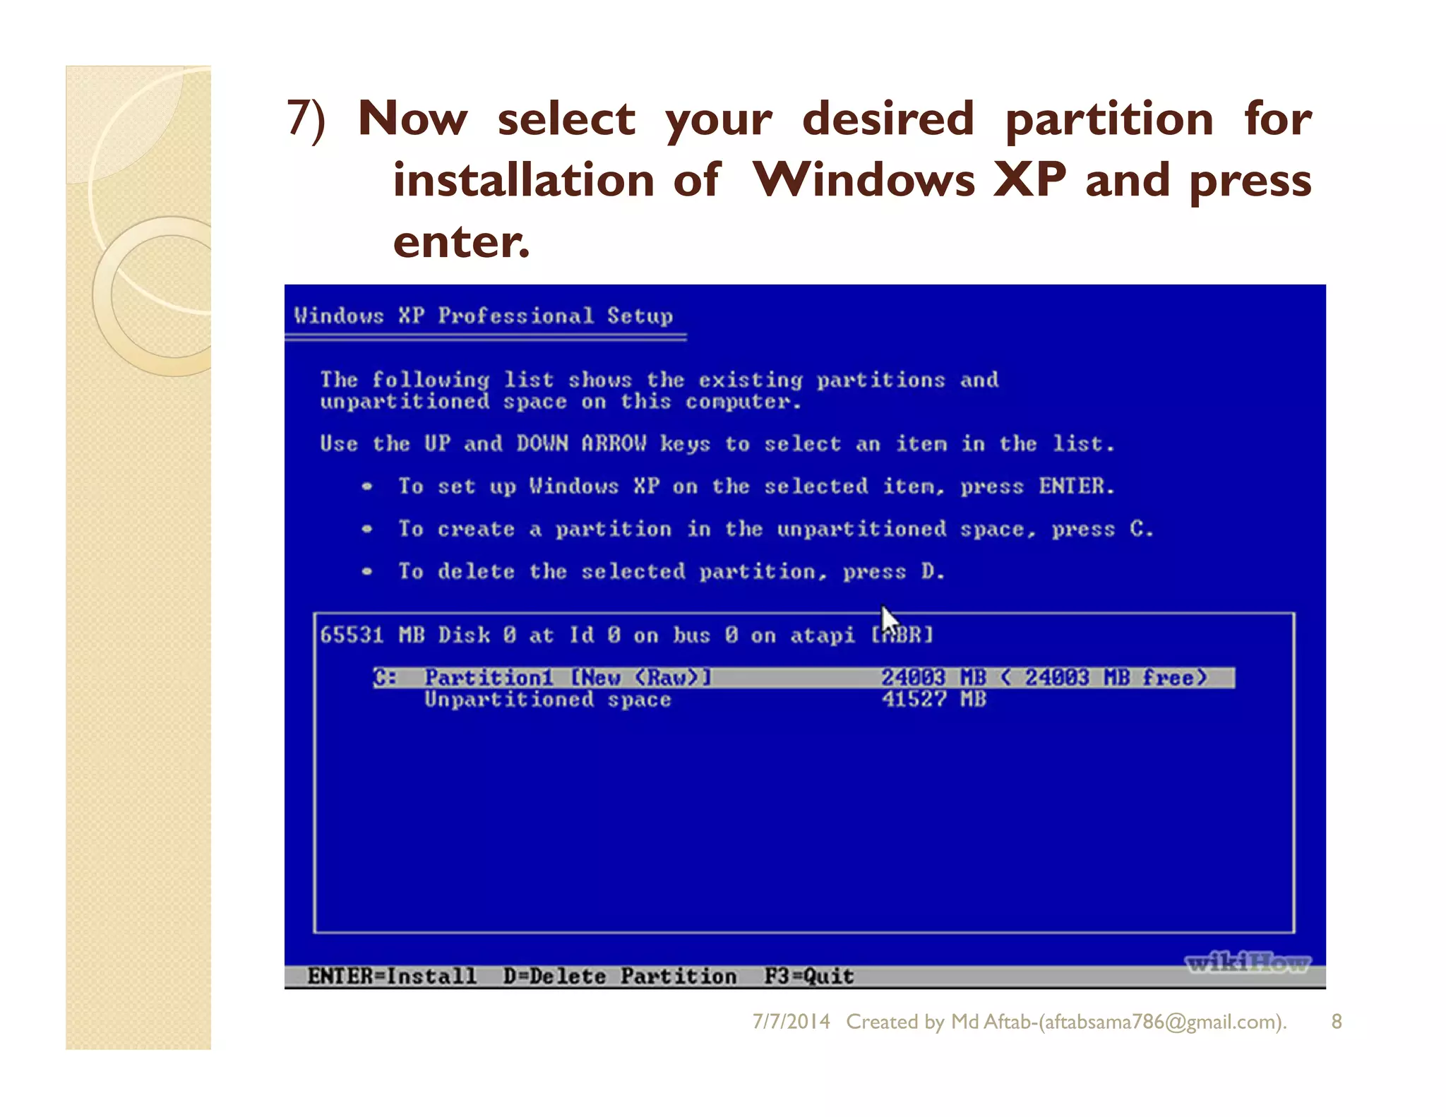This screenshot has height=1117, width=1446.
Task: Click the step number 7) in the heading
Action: [x=306, y=118]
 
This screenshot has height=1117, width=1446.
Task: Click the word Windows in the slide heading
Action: [x=864, y=179]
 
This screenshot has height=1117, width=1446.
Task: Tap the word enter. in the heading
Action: [x=460, y=241]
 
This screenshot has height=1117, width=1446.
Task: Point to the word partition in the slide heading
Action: [x=1109, y=118]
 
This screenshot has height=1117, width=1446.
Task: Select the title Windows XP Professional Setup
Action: [x=483, y=316]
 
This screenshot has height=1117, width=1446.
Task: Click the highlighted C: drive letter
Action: [x=386, y=678]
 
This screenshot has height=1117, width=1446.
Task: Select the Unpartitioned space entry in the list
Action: [x=547, y=700]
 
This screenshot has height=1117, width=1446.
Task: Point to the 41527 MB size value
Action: [x=933, y=700]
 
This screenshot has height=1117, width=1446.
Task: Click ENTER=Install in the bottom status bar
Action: [x=392, y=976]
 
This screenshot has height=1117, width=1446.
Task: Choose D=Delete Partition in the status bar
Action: [x=619, y=976]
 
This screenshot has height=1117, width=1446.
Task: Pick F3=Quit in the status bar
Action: [x=809, y=976]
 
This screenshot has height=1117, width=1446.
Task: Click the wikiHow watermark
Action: [x=1247, y=962]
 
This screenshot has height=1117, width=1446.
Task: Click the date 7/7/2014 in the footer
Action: [x=791, y=1022]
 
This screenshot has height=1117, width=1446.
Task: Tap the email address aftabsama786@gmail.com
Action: [x=1161, y=1022]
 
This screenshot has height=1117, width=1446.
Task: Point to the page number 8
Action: [x=1336, y=1022]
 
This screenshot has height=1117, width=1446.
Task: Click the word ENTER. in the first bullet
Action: [x=1076, y=486]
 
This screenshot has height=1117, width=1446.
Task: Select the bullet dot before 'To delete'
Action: [x=366, y=571]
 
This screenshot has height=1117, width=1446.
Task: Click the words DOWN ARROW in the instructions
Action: [x=580, y=443]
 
